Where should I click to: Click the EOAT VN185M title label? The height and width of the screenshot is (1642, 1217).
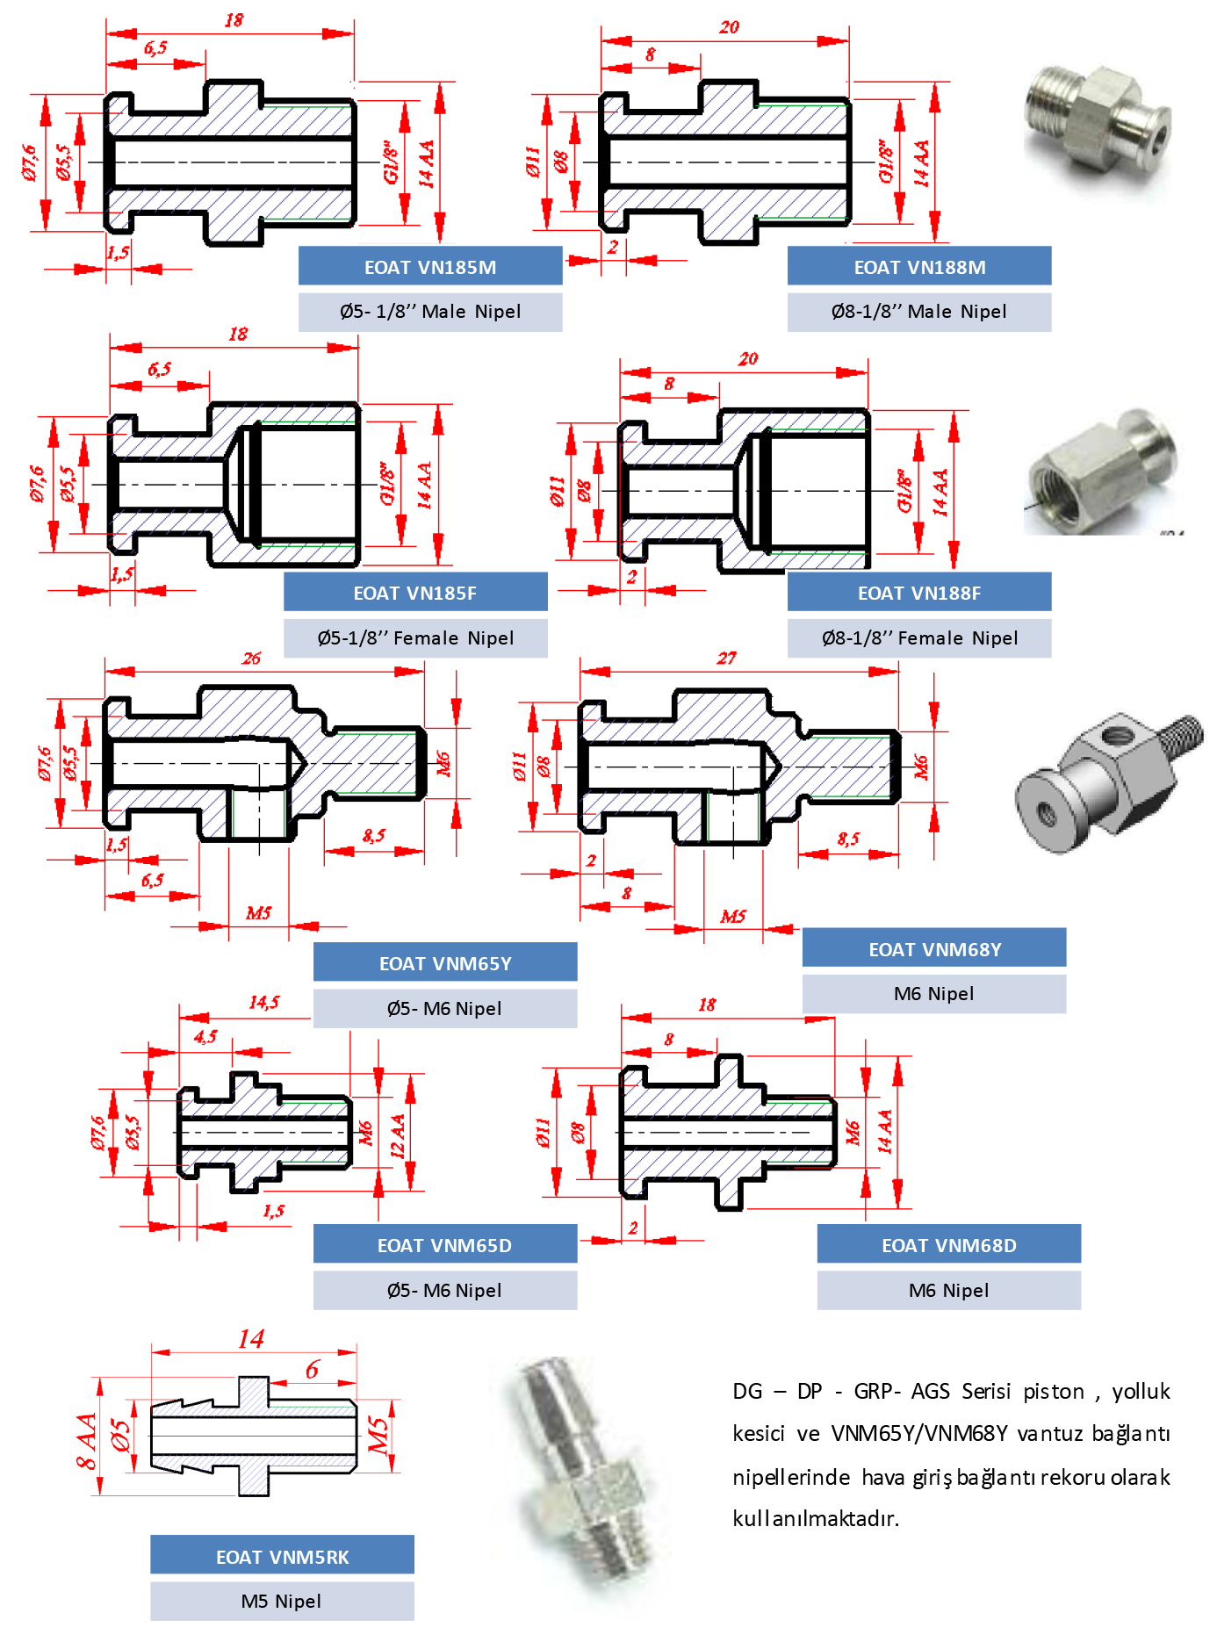430,267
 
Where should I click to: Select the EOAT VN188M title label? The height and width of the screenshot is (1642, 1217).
919,267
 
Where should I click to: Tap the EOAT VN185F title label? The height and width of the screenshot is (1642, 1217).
414,593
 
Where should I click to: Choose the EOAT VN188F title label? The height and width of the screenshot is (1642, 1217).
919,593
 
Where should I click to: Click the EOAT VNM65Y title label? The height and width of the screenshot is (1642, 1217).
445,963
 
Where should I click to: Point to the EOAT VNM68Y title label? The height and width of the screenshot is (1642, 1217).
934,949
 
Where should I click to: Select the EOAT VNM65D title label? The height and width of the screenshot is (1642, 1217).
444,1245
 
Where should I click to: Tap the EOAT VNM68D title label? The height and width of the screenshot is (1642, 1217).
948,1245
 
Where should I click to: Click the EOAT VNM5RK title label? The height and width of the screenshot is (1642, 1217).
282,1557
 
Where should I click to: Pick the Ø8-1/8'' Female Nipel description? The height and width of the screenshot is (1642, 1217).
919,638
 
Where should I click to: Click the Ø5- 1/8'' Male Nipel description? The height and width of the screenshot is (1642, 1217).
430,312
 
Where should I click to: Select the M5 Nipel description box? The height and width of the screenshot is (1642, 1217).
282,1602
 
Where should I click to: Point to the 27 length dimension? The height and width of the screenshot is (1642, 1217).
726,659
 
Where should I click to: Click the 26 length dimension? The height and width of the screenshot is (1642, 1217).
251,659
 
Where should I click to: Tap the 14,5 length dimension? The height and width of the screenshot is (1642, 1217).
263,1002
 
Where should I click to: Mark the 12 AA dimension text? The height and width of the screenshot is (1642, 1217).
398,1136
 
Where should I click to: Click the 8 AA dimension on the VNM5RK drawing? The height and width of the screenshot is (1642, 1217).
86,1441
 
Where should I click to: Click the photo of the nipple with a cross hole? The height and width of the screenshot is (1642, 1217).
1108,782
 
